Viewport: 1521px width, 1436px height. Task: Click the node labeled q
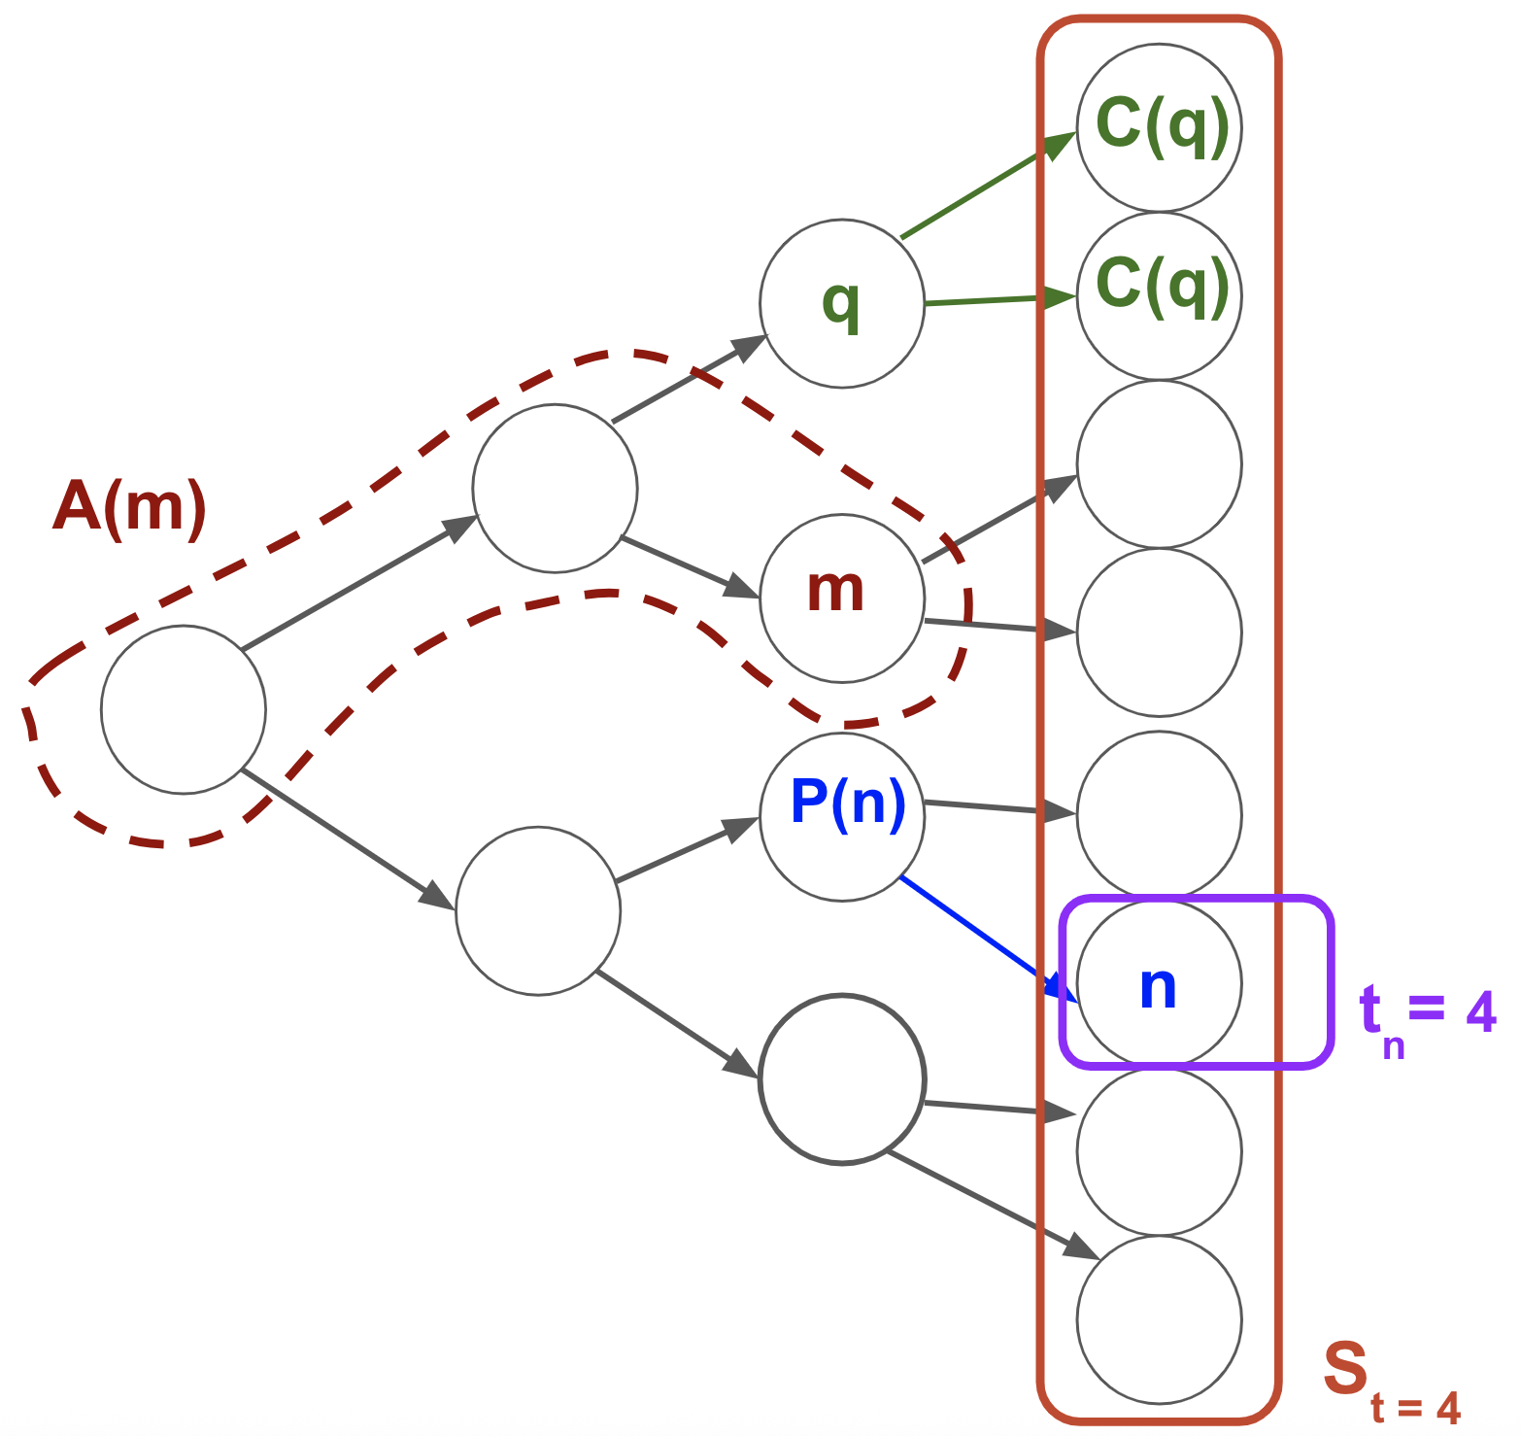[x=841, y=303]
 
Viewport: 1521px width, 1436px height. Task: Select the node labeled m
[x=841, y=597]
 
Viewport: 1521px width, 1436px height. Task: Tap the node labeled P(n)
[x=841, y=816]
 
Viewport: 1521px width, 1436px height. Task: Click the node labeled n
[x=1158, y=983]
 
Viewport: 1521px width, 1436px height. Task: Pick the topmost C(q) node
[x=1158, y=127]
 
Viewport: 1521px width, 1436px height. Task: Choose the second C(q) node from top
[x=1158, y=295]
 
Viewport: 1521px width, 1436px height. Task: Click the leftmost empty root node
[x=184, y=709]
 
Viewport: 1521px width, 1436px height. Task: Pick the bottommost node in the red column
[x=1158, y=1319]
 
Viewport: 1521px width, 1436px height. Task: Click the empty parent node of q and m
[x=555, y=488]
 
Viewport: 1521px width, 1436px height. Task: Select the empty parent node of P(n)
[x=538, y=910]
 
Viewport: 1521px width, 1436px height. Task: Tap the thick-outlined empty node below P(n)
[x=841, y=1078]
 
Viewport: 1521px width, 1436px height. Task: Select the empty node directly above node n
[x=1158, y=814]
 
